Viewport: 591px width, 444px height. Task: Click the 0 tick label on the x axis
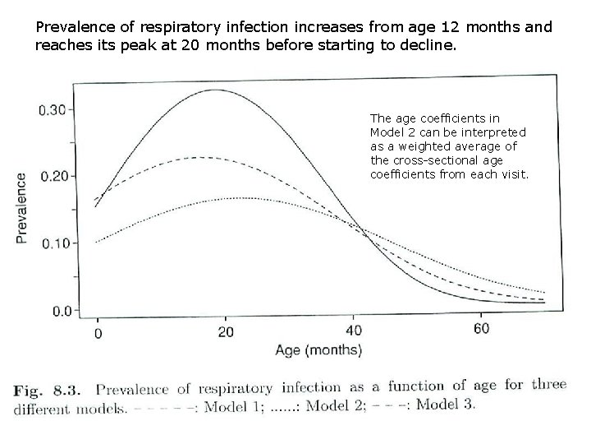click(98, 332)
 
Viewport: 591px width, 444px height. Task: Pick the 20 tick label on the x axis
click(226, 332)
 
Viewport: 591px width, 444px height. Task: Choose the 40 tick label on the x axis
click(354, 331)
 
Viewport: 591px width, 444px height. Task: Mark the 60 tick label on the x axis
click(482, 330)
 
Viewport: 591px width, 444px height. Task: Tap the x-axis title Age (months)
click(318, 350)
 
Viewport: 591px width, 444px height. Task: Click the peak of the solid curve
click(214, 90)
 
